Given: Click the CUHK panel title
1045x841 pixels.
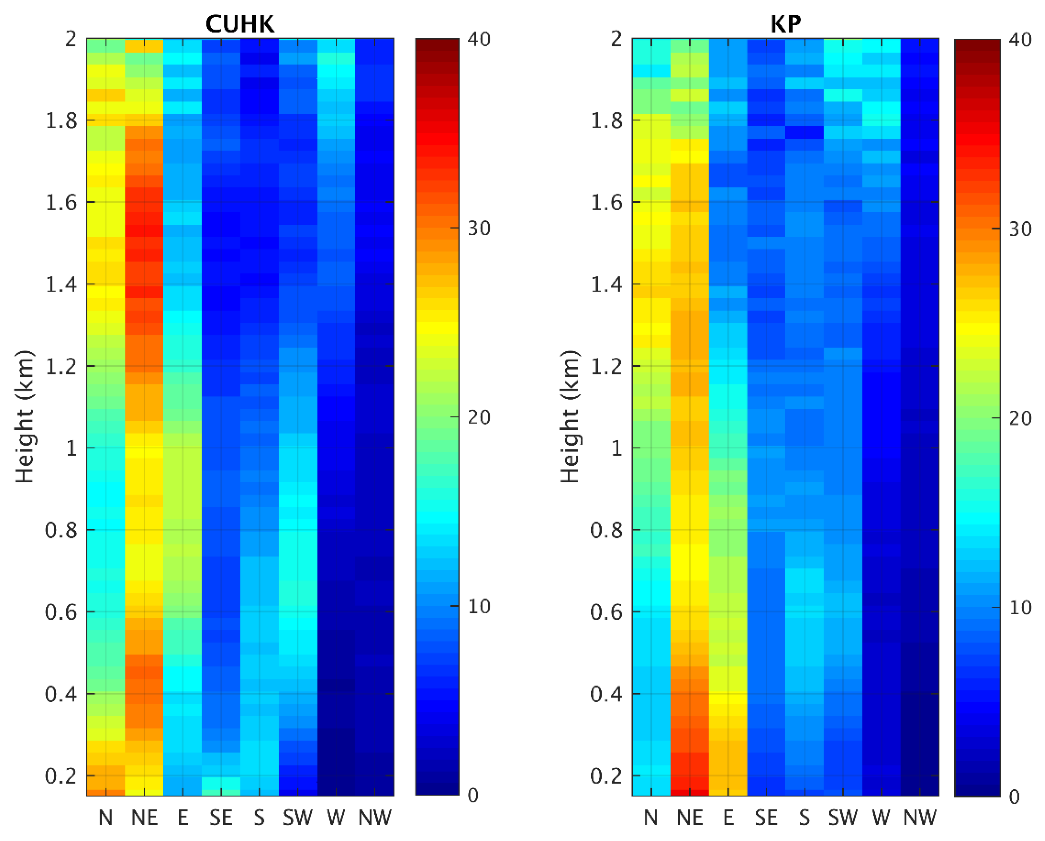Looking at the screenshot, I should (240, 24).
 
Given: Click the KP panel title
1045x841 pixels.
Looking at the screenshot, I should (785, 24).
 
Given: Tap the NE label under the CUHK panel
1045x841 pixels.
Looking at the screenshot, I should (144, 818).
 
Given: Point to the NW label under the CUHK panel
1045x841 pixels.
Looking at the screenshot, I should (375, 818).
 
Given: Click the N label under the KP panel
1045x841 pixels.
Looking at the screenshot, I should (651, 818).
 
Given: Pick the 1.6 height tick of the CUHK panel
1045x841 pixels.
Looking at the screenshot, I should (61, 203).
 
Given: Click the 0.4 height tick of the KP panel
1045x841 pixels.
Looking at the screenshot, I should (607, 694).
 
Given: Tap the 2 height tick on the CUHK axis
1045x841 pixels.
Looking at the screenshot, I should (71, 39).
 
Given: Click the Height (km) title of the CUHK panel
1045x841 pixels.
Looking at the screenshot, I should (24, 416).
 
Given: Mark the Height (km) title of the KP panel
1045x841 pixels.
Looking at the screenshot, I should (570, 416).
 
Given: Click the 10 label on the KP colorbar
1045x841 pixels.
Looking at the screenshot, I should (1020, 608).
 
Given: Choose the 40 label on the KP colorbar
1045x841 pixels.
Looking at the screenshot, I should (1020, 40).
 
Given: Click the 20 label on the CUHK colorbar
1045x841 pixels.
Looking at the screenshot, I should (479, 417).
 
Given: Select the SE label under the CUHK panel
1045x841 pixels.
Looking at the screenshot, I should (221, 818).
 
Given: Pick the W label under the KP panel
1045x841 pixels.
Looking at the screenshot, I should (881, 818).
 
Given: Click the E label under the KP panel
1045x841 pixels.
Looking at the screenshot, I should (728, 818).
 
